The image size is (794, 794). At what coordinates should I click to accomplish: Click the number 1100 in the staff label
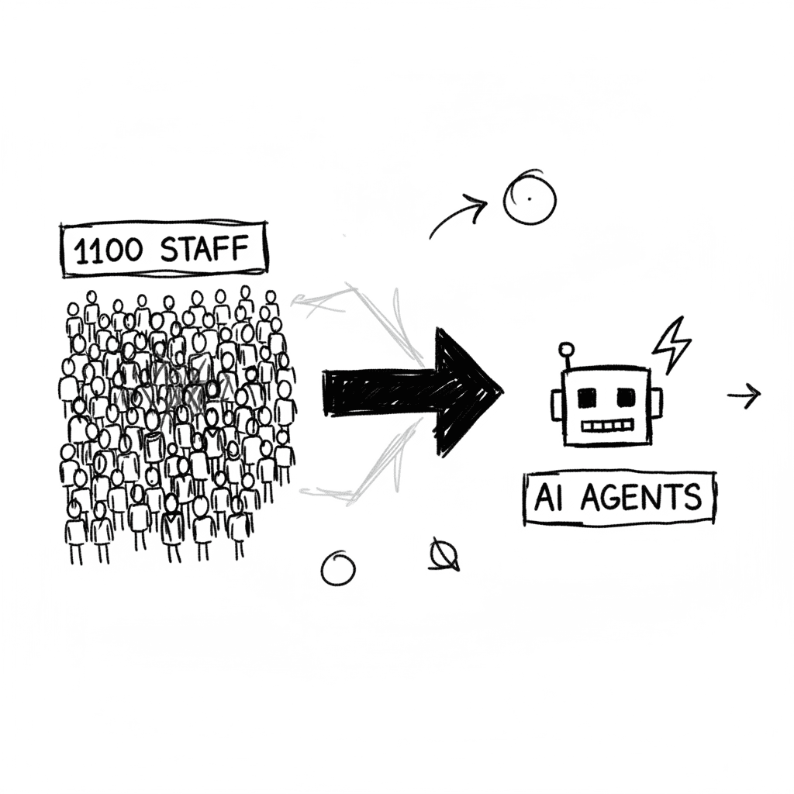pos(109,250)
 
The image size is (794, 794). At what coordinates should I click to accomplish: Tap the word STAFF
pos(205,249)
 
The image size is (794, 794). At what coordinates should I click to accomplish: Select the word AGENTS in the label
pos(641,497)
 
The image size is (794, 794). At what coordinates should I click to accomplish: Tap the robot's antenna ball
pos(566,349)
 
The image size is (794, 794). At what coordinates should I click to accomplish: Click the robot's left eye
pos(588,398)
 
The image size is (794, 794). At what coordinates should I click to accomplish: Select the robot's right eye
pos(626,398)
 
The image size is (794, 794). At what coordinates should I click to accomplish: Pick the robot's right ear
pos(655,403)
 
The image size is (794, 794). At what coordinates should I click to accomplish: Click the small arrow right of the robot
pos(744,395)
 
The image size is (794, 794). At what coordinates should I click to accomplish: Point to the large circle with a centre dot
pos(530,199)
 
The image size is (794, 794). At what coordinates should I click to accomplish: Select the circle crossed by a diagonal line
pos(444,555)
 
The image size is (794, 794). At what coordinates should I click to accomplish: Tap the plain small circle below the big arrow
pos(338,568)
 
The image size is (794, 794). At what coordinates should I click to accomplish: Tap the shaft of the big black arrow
pos(380,392)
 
